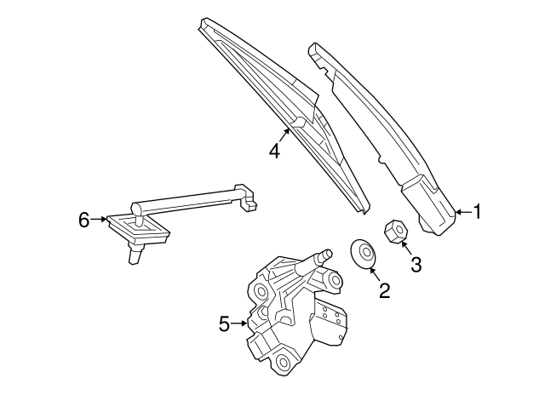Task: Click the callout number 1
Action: [477, 211]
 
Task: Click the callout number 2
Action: [384, 290]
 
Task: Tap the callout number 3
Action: [416, 264]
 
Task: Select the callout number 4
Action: [274, 152]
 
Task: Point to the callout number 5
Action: [225, 324]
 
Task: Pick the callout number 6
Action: [83, 220]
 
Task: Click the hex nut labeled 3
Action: [396, 231]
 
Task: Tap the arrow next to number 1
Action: [463, 212]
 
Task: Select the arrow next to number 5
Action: [239, 324]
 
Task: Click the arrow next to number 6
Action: [99, 219]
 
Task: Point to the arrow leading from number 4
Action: [284, 135]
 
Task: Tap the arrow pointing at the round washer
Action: [375, 272]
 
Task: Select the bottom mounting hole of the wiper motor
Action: [284, 363]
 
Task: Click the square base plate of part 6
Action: [138, 229]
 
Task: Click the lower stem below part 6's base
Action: [135, 254]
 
